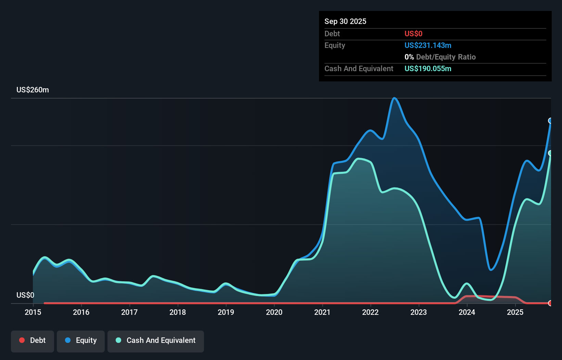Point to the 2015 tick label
click(x=33, y=312)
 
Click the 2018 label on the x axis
click(x=178, y=312)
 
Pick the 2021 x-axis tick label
click(x=322, y=312)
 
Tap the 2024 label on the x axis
click(x=467, y=312)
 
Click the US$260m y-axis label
click(x=33, y=90)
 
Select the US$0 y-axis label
click(x=25, y=295)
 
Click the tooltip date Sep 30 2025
click(x=345, y=21)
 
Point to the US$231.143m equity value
click(x=427, y=45)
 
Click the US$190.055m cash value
click(x=427, y=68)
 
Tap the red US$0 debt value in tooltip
click(x=413, y=34)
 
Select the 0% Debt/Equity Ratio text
click(x=440, y=57)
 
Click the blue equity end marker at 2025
click(x=550, y=121)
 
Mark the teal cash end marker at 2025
click(x=550, y=153)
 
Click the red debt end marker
click(x=550, y=303)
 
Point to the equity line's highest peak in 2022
click(x=394, y=98)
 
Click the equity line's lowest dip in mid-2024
click(x=491, y=270)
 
